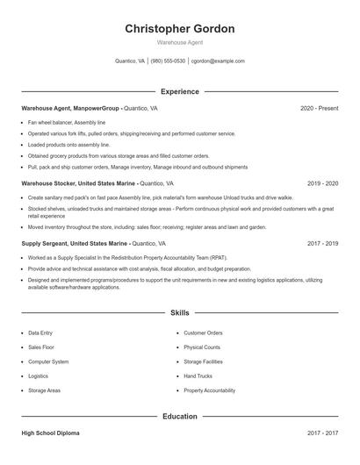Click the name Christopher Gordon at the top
[180, 29]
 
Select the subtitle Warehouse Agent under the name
[180, 43]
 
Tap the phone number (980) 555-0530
[168, 61]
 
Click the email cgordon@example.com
[218, 61]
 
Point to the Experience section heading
[180, 91]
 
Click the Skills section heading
[180, 312]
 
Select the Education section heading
[180, 417]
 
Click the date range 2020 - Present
[319, 108]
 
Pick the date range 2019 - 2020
[323, 183]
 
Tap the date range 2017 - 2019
[323, 243]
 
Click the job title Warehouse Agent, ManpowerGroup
[71, 108]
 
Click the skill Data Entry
[40, 333]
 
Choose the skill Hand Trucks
[198, 376]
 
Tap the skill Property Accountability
[209, 390]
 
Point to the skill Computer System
[48, 361]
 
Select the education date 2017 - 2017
[323, 433]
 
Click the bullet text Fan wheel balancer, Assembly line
[67, 123]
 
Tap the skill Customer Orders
[203, 333]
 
